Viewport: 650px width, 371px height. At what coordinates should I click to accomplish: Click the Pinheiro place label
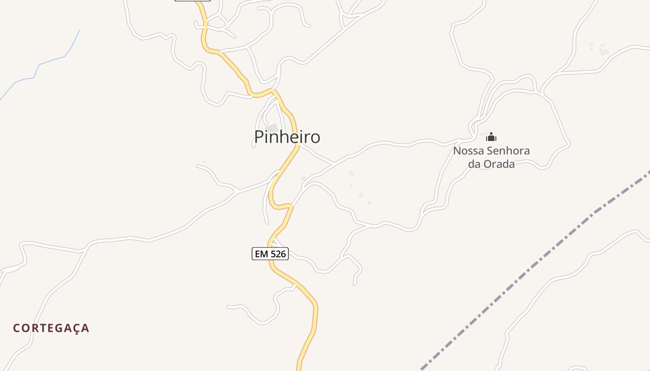tap(287, 137)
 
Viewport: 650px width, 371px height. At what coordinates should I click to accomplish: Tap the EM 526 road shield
tap(270, 254)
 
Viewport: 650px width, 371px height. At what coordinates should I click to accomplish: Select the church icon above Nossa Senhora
tap(491, 137)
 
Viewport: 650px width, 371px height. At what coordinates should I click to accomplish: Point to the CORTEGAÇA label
tap(51, 328)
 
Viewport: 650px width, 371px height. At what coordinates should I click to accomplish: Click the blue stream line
tap(51, 60)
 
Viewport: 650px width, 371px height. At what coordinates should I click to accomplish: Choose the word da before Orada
tap(474, 164)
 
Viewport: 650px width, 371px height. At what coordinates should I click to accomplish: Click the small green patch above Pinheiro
tap(272, 128)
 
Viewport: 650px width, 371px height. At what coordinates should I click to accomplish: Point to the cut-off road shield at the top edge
tap(193, 0)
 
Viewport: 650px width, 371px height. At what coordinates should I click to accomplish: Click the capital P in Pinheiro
tap(259, 137)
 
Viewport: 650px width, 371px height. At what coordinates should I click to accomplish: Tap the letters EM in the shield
tap(261, 254)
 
